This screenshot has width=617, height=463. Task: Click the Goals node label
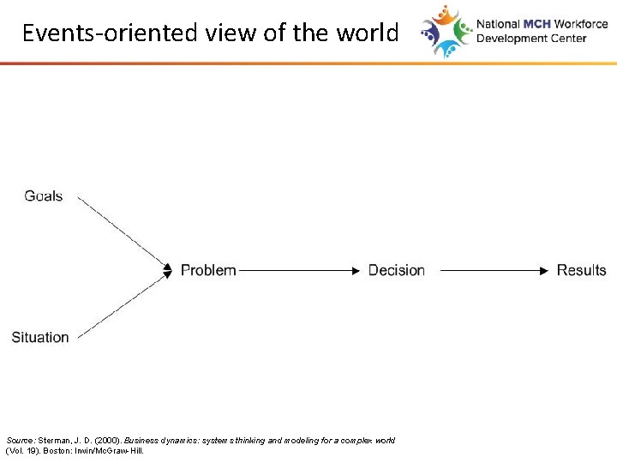(44, 196)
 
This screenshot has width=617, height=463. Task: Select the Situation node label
(40, 337)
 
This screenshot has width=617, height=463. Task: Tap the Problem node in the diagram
(208, 270)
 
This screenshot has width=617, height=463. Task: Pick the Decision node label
(396, 270)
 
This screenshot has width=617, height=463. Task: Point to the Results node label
(581, 270)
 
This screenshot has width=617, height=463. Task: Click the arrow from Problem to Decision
(298, 270)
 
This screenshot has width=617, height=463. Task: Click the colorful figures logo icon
(446, 31)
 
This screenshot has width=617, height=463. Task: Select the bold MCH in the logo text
(537, 25)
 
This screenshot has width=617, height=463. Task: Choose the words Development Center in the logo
(531, 39)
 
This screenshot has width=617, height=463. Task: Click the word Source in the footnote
(19, 440)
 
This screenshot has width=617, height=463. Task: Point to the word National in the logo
(498, 25)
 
